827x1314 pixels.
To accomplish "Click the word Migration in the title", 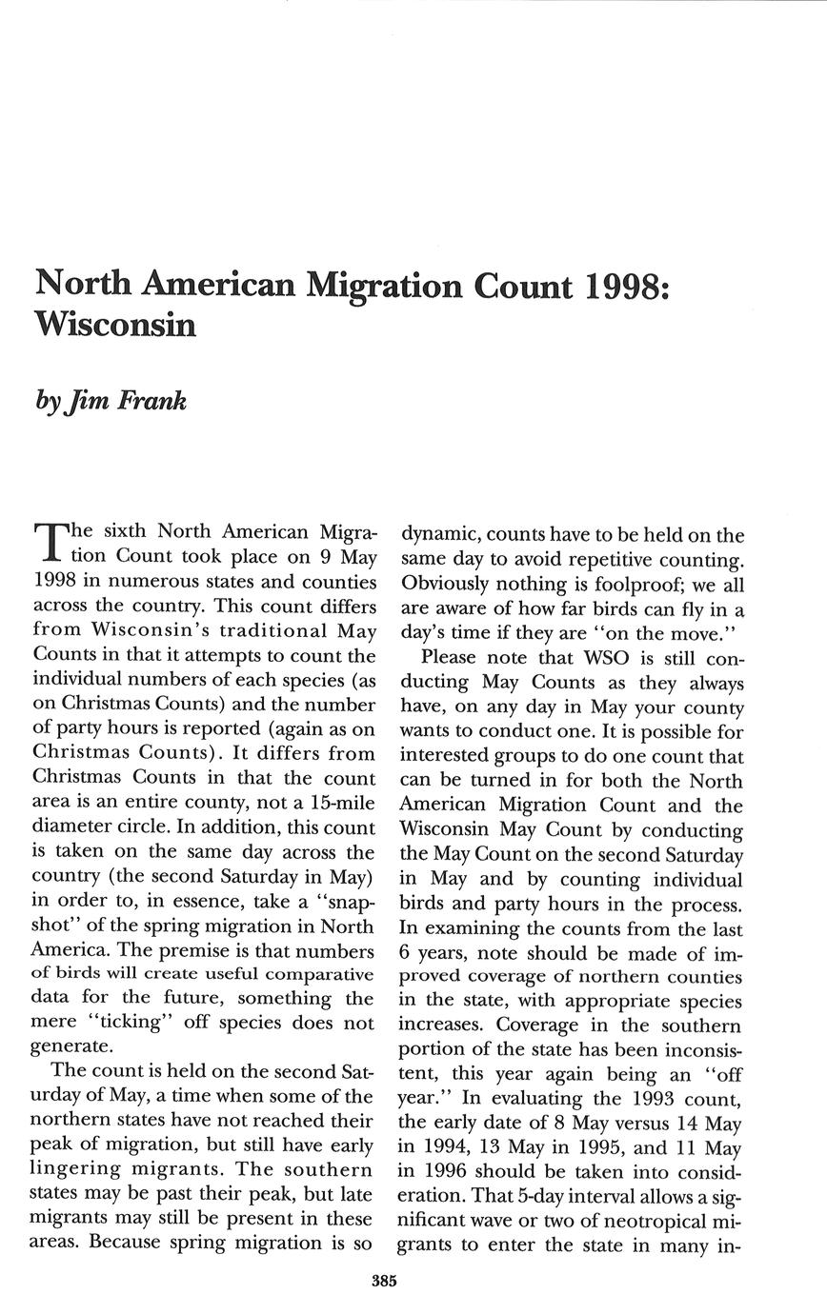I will (x=383, y=286).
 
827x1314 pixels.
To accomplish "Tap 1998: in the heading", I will (x=627, y=286).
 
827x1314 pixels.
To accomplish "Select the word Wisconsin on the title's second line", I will (x=115, y=325).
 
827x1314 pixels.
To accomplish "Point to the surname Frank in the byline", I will (x=151, y=400).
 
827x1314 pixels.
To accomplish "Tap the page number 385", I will (x=384, y=1281).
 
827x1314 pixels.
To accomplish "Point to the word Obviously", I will (x=445, y=585).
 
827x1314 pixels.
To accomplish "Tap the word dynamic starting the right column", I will (x=439, y=535).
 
